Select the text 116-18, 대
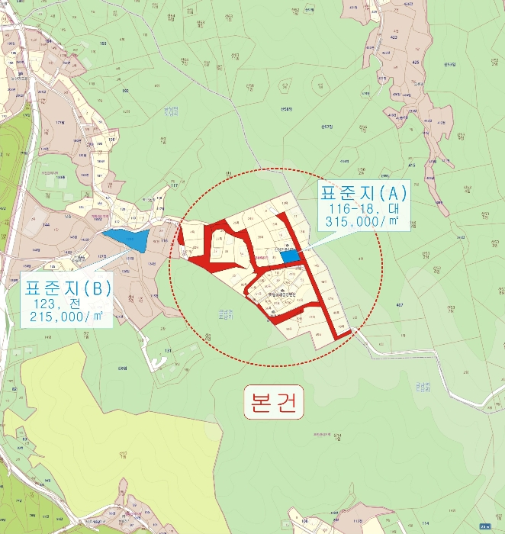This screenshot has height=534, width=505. pyautogui.click(x=363, y=208)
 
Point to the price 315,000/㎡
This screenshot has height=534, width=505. pyautogui.click(x=363, y=221)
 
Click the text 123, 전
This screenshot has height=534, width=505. pyautogui.click(x=66, y=303)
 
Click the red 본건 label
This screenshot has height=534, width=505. pyautogui.click(x=274, y=402)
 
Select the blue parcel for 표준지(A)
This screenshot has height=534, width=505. pyautogui.click(x=289, y=256)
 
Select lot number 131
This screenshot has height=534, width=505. pyautogui.click(x=168, y=351)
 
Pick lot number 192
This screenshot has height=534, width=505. pyautogui.click(x=125, y=91)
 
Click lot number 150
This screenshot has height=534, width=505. pyautogui.click(x=111, y=140)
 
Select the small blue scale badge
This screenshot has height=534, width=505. pyautogui.click(x=485, y=526)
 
